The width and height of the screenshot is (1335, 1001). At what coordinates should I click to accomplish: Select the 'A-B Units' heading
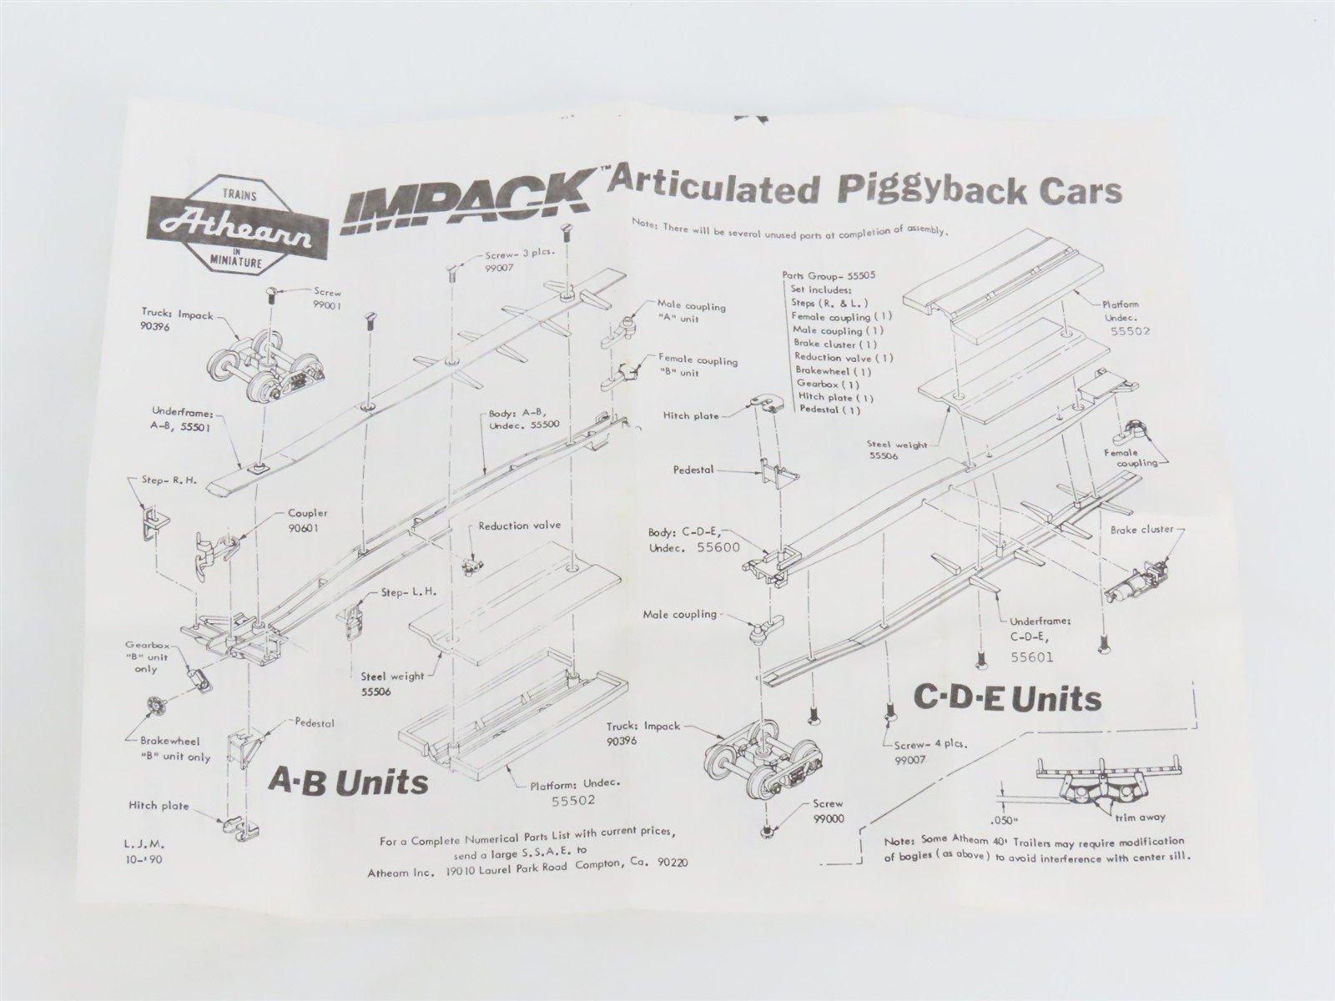click(x=348, y=782)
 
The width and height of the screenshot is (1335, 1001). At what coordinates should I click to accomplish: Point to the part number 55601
click(x=1031, y=656)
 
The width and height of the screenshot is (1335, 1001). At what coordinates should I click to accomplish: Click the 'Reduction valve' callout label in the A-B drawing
click(x=520, y=526)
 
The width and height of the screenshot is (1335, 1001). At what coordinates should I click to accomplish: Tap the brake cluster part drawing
click(x=1132, y=578)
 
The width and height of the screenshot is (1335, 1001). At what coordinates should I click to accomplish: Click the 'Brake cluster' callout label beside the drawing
click(x=1141, y=530)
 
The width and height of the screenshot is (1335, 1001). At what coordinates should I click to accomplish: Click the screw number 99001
click(x=327, y=305)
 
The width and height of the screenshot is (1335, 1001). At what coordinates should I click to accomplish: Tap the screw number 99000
click(x=829, y=818)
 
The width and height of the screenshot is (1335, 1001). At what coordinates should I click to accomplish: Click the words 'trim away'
click(x=1140, y=817)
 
